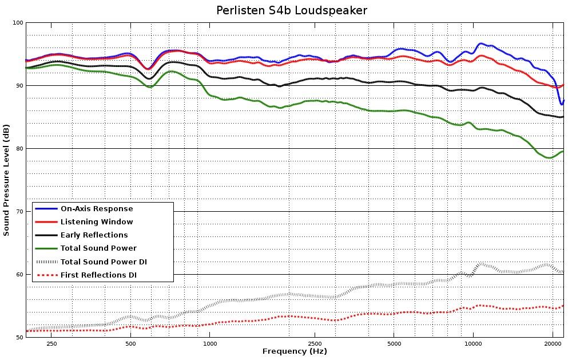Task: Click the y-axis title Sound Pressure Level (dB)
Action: coord(6,180)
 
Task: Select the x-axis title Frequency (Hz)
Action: coord(295,351)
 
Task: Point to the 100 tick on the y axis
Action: coord(17,23)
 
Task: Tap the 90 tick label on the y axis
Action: coord(18,86)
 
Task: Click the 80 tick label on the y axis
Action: coord(18,149)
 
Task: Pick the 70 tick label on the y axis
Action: coord(18,212)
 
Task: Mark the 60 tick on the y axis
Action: coord(18,275)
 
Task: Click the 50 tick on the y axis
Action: coord(18,337)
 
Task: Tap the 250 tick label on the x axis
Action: coord(51,344)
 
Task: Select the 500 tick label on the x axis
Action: coord(131,344)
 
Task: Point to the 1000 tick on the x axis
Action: coord(210,344)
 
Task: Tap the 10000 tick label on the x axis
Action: coord(473,344)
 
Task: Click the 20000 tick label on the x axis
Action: coord(553,344)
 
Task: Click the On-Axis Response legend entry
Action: coord(97,209)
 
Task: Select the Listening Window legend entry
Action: coord(97,222)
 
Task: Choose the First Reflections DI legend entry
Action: coord(98,275)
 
